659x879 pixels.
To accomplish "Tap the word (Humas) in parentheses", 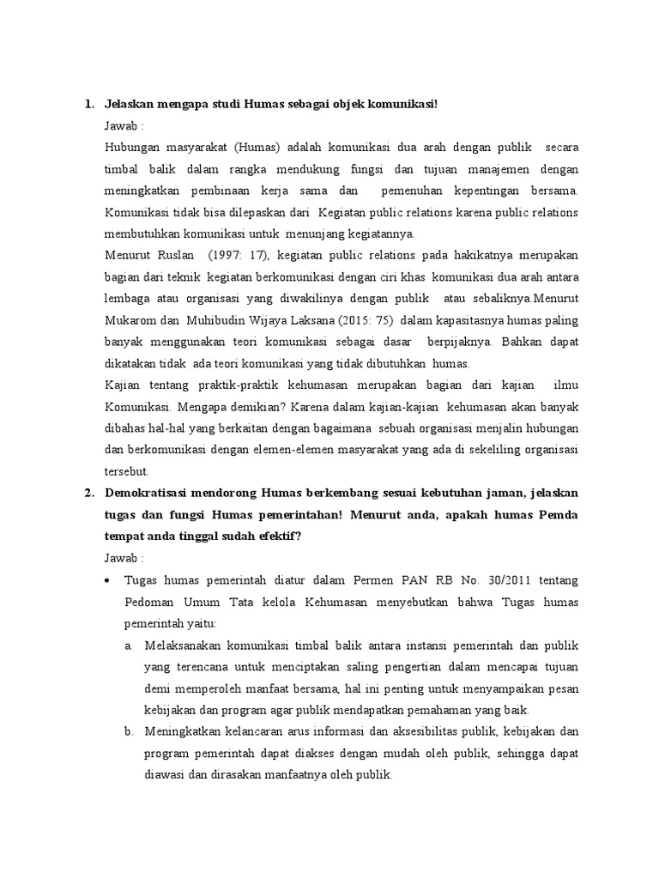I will [258, 146].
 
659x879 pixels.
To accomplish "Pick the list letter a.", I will [128, 646].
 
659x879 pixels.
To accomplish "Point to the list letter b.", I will [128, 732].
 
